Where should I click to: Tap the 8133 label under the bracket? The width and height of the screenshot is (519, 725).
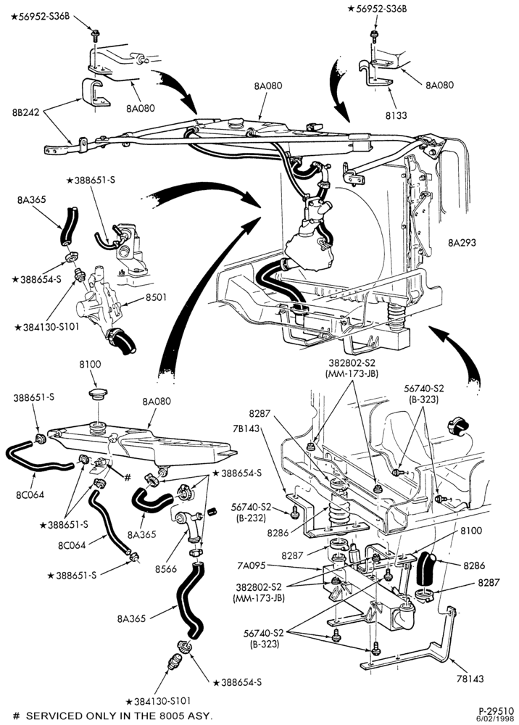point(396,115)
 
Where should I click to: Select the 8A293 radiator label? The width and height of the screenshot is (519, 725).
point(462,243)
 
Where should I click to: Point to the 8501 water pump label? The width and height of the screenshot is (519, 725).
point(157,298)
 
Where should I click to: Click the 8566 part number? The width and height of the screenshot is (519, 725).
point(166,569)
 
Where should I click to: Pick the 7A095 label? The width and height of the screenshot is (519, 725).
point(252,565)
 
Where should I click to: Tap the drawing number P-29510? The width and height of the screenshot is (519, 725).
point(496,710)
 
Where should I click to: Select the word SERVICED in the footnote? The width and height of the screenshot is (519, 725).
point(47,716)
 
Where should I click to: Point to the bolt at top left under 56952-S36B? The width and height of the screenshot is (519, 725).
point(95,35)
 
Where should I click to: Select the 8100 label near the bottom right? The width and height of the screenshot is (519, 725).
point(470,531)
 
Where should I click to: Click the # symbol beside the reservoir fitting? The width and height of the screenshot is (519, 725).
point(128,477)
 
